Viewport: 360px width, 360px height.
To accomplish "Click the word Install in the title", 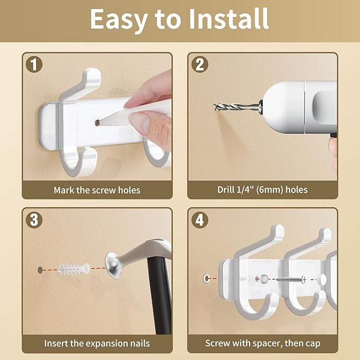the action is pyautogui.click(x=229, y=19).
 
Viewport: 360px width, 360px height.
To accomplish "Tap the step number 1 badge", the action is pyautogui.click(x=34, y=65).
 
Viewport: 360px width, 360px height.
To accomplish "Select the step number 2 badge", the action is pyautogui.click(x=200, y=65).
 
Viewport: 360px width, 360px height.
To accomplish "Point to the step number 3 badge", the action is pyautogui.click(x=34, y=220).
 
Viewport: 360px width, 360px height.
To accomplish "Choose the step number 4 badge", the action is pyautogui.click(x=200, y=220).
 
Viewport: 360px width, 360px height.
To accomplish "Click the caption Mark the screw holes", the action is pyautogui.click(x=97, y=190).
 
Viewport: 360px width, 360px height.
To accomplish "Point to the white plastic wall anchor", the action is pyautogui.click(x=74, y=269).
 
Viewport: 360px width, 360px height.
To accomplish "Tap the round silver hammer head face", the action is pyautogui.click(x=111, y=266).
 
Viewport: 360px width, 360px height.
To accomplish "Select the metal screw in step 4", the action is pyautogui.click(x=291, y=279).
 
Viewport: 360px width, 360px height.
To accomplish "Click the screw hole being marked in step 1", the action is pyautogui.click(x=98, y=123).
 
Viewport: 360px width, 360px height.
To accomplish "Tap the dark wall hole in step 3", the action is pyautogui.click(x=40, y=270).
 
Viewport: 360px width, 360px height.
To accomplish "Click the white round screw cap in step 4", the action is pyautogui.click(x=322, y=279).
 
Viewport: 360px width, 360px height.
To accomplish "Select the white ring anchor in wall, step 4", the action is pyautogui.click(x=206, y=278).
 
